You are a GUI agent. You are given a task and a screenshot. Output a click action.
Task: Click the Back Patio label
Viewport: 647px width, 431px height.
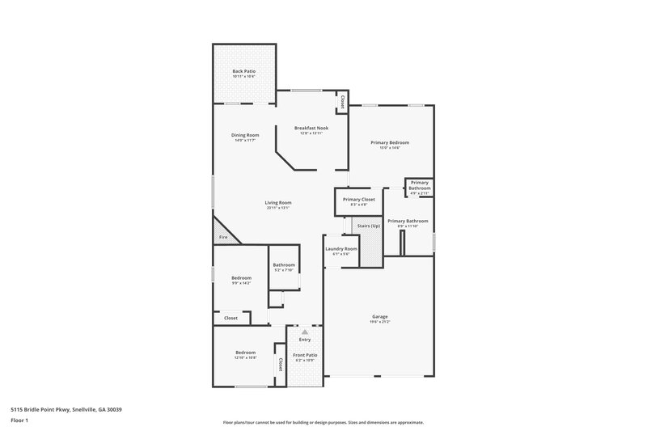click(243, 71)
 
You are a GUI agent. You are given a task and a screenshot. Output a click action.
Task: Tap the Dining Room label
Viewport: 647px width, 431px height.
click(246, 135)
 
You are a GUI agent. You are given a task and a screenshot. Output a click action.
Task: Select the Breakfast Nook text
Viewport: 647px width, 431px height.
click(311, 129)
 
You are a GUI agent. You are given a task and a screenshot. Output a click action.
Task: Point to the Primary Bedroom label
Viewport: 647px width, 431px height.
click(391, 143)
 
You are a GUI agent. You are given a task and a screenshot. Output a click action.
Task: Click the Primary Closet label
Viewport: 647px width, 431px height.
click(358, 199)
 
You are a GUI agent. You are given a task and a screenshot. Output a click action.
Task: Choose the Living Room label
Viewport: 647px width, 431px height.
click(278, 203)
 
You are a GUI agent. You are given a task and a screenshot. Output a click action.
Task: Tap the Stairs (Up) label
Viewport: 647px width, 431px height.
click(369, 226)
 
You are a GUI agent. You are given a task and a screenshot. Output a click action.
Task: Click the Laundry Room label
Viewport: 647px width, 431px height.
click(340, 249)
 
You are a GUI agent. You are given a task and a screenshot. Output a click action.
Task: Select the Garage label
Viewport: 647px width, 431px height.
click(379, 316)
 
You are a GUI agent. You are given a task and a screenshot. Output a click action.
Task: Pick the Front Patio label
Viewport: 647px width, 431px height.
click(305, 355)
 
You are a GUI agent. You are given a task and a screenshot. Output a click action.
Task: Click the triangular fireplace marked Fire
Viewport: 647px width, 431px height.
click(222, 233)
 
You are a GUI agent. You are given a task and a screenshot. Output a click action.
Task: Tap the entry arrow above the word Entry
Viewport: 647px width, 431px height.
click(305, 332)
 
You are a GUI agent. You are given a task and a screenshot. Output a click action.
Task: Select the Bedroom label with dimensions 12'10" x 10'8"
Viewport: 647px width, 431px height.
click(246, 353)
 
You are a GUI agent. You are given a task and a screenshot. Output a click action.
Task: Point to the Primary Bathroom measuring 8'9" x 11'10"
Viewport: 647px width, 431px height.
click(407, 222)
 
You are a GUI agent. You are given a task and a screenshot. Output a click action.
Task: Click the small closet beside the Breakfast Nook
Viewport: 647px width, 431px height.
click(342, 103)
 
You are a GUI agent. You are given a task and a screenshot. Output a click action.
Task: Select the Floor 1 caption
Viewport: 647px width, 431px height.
click(20, 421)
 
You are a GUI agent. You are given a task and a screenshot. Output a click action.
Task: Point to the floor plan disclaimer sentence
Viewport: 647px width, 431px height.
click(323, 422)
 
